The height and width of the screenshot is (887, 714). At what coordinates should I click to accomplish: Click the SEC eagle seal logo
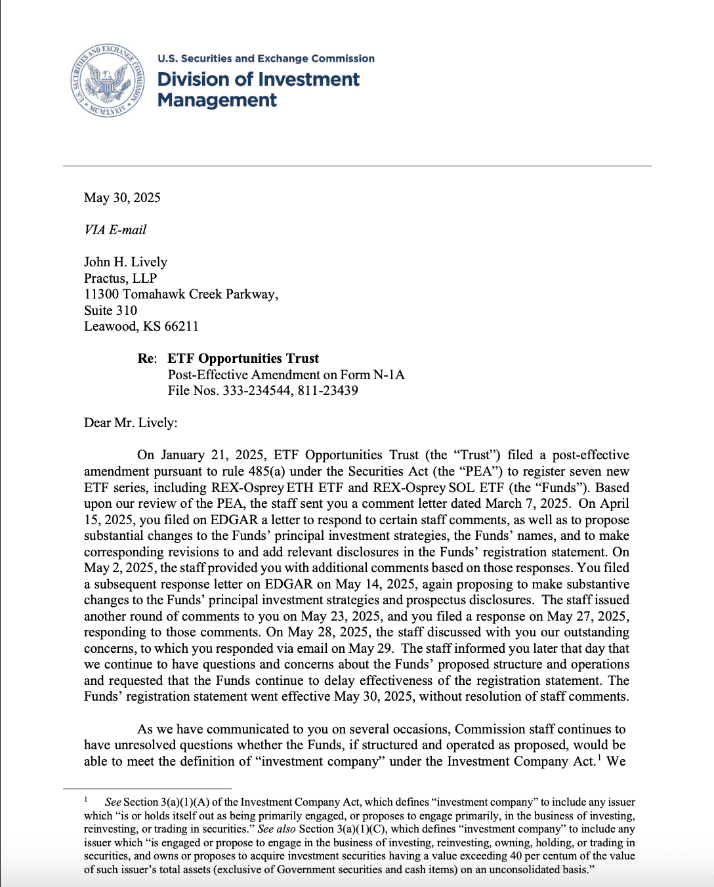tap(108, 81)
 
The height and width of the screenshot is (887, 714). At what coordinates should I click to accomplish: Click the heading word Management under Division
tap(217, 100)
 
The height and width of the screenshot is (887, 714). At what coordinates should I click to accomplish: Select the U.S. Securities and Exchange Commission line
tap(266, 58)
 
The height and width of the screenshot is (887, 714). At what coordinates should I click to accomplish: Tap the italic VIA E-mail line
tap(115, 230)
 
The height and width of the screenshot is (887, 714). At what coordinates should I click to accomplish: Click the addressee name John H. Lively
tap(125, 262)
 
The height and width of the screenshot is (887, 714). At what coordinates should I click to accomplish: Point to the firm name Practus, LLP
tap(120, 278)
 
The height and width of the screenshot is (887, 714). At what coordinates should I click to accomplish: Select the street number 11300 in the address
tap(101, 294)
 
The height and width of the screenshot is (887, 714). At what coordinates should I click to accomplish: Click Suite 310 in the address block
tap(110, 310)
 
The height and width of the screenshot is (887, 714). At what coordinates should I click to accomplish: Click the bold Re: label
tap(147, 358)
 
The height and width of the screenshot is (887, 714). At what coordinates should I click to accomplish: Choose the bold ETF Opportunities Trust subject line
tap(243, 358)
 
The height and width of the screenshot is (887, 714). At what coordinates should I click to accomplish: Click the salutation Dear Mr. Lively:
tap(131, 423)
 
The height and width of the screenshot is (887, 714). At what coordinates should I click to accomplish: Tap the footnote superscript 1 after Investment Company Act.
tap(599, 758)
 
